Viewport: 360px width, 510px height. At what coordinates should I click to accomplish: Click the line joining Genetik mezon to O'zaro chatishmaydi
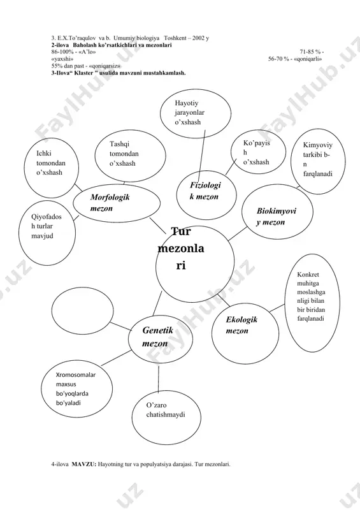[x=159, y=378]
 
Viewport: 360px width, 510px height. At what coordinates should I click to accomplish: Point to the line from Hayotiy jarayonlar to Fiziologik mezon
[x=202, y=150]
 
